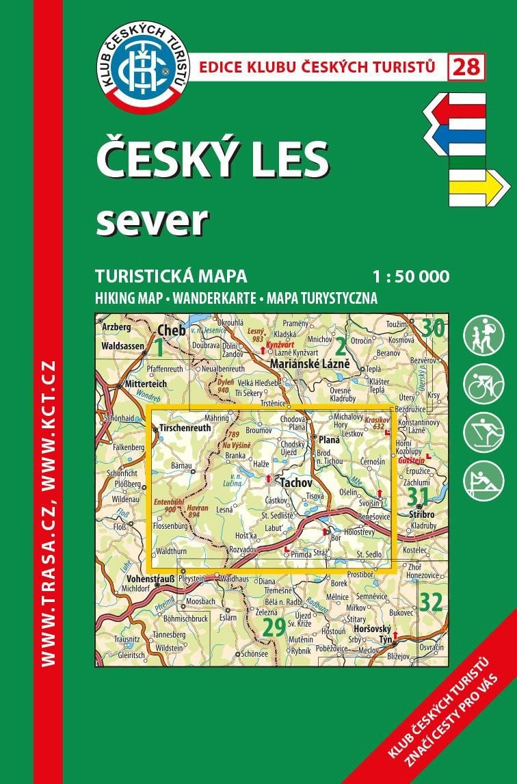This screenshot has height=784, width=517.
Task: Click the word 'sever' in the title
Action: (x=151, y=220)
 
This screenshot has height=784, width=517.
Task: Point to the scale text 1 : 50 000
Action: (x=411, y=277)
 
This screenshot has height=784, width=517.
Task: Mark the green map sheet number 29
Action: (x=274, y=627)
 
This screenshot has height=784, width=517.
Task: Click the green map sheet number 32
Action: (x=431, y=602)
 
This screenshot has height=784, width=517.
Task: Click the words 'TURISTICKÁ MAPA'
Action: (x=171, y=276)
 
